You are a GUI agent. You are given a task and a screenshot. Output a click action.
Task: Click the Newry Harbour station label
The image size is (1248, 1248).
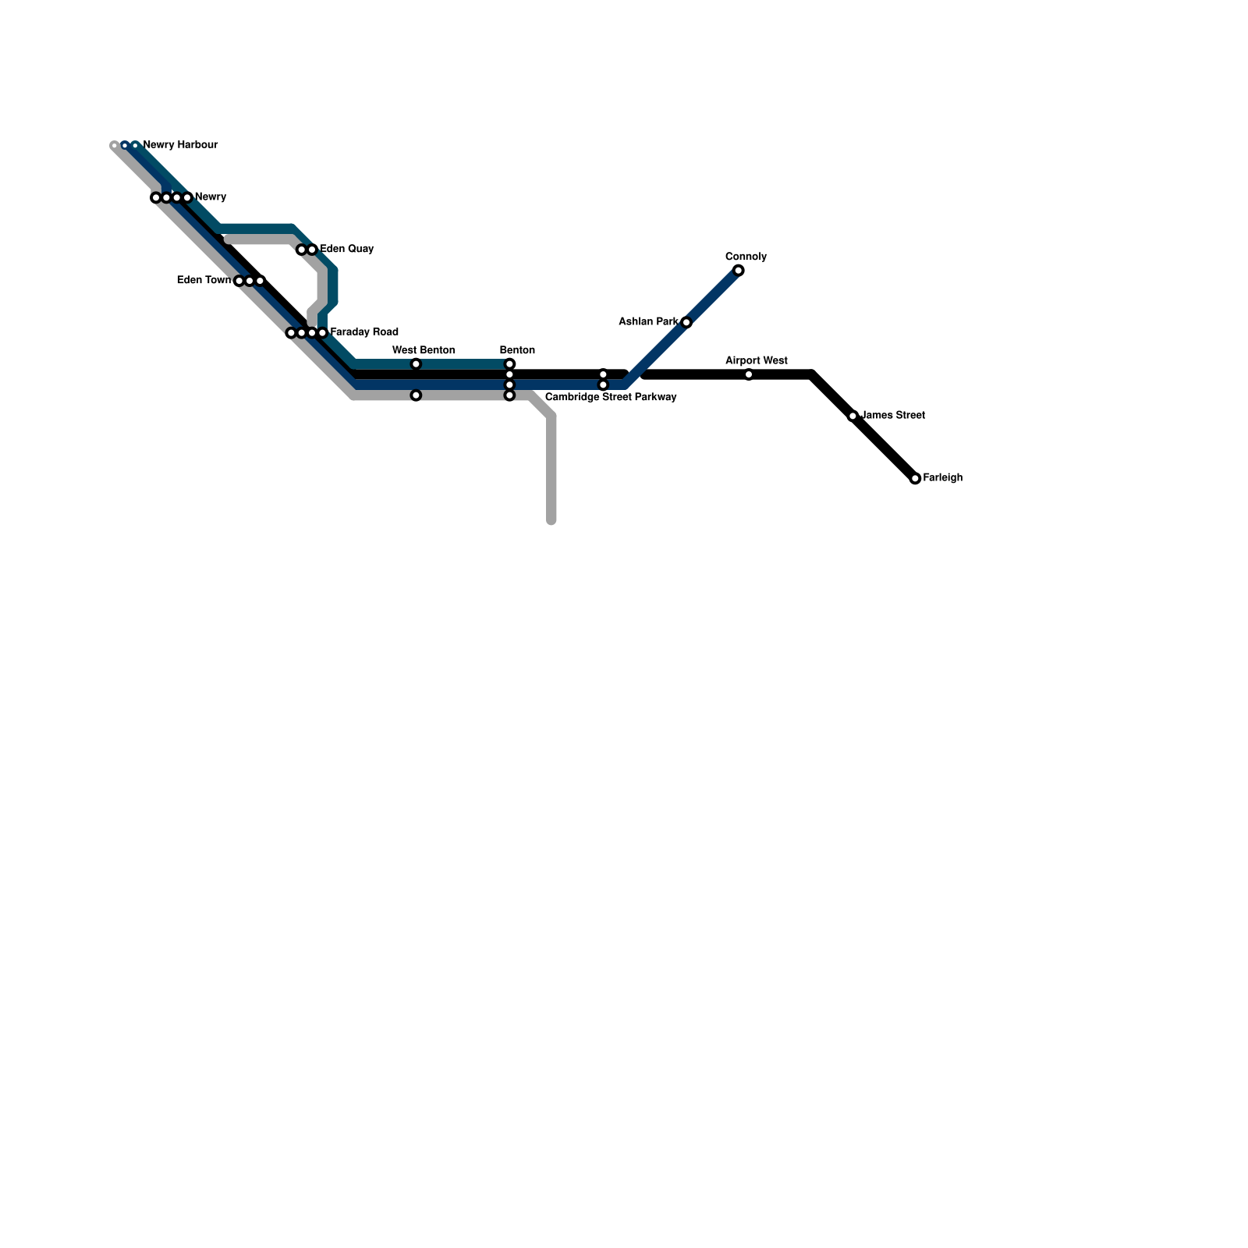click(180, 145)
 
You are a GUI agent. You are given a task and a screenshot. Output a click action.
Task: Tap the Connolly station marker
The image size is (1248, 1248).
click(738, 271)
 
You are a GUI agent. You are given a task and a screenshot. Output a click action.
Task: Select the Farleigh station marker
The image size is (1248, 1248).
click(915, 479)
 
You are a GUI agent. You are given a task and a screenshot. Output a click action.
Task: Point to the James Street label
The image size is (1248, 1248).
click(893, 416)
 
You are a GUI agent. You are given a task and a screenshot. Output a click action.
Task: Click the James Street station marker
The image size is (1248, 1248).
click(853, 417)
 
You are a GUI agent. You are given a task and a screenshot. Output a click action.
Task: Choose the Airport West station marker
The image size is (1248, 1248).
click(748, 375)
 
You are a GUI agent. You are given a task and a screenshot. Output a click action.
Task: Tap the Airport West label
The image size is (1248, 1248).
click(756, 361)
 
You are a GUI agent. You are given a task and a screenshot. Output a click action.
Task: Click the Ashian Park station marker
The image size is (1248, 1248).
click(686, 323)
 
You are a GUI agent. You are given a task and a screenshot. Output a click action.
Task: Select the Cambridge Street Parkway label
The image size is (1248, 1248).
click(610, 398)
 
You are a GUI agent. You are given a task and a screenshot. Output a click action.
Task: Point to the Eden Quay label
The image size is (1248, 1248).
click(347, 250)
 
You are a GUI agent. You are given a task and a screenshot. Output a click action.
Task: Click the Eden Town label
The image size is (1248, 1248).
click(204, 281)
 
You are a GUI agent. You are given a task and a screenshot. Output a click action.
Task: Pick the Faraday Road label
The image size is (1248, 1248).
click(364, 332)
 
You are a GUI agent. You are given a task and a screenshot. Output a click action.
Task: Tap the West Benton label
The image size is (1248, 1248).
click(424, 351)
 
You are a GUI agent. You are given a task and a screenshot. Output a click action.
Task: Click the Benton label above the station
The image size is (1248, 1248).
click(517, 351)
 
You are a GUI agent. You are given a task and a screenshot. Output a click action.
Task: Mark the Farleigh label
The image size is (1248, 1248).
click(942, 478)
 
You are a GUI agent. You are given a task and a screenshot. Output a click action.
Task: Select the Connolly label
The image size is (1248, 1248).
click(746, 257)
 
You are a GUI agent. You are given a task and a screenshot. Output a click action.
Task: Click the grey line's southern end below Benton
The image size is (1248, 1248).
click(551, 520)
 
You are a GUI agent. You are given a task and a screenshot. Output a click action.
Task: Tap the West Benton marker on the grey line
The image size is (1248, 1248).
click(416, 395)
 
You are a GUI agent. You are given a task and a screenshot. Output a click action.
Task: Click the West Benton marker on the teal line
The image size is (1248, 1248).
click(416, 364)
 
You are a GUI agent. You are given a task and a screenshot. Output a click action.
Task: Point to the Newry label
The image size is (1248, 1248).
click(210, 197)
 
